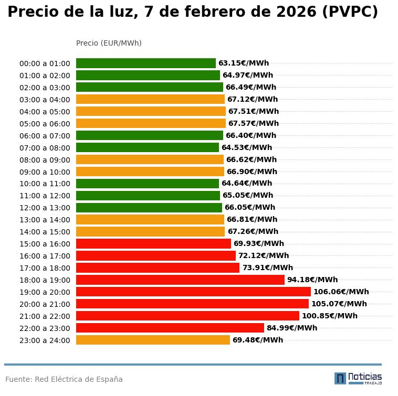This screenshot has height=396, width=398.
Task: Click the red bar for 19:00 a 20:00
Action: (x=193, y=292)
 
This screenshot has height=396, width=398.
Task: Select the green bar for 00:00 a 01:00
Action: (x=146, y=63)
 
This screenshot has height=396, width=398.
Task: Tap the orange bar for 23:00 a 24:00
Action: (x=153, y=340)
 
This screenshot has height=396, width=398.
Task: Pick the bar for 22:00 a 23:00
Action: (x=170, y=328)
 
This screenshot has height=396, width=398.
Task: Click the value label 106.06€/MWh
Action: (x=341, y=292)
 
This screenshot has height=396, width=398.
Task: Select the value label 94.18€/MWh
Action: (x=312, y=280)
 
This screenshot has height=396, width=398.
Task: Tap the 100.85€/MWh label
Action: (x=329, y=316)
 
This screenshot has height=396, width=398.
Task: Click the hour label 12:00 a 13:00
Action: (x=45, y=208)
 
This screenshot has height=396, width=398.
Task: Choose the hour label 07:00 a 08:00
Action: (x=45, y=148)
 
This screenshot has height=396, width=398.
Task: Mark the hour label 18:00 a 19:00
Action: (x=45, y=280)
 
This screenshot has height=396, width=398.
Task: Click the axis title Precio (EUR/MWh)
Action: (x=109, y=43)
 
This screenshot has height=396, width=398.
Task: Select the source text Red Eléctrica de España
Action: (x=79, y=379)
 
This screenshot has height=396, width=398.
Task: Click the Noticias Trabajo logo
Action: (x=358, y=378)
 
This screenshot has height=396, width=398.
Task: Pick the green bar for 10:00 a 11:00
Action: (x=148, y=184)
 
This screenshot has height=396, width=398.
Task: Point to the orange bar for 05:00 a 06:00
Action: (x=151, y=123)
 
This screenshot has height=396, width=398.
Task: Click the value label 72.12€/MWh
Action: (x=264, y=255)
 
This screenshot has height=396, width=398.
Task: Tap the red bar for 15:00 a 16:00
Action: (x=153, y=243)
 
